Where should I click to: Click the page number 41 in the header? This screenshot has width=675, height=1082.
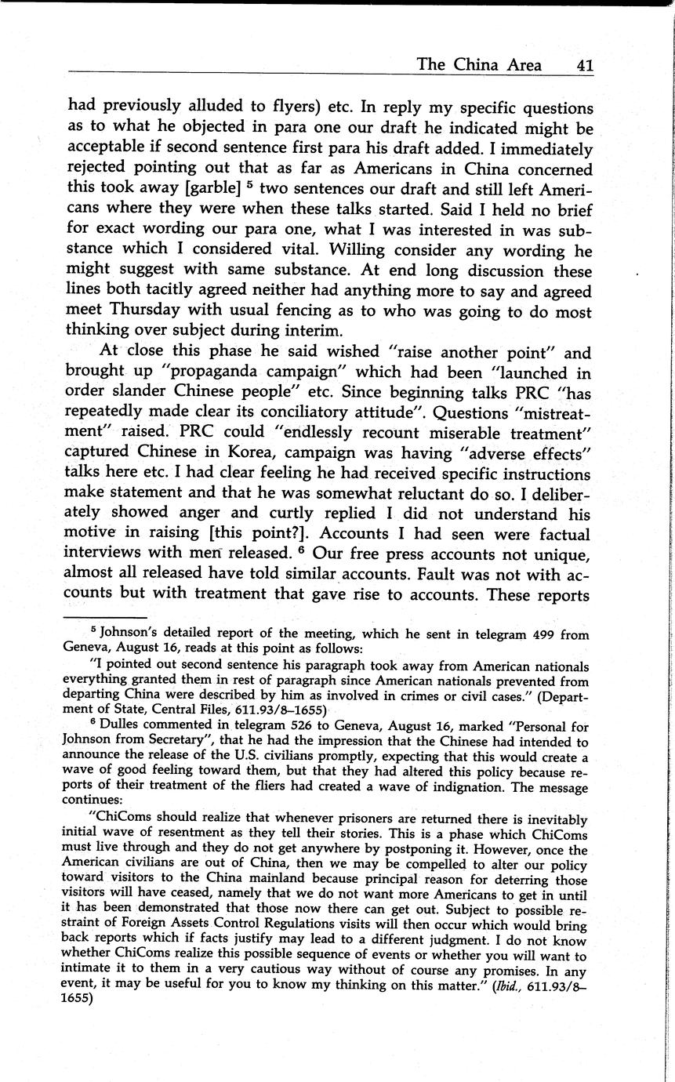(584, 65)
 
